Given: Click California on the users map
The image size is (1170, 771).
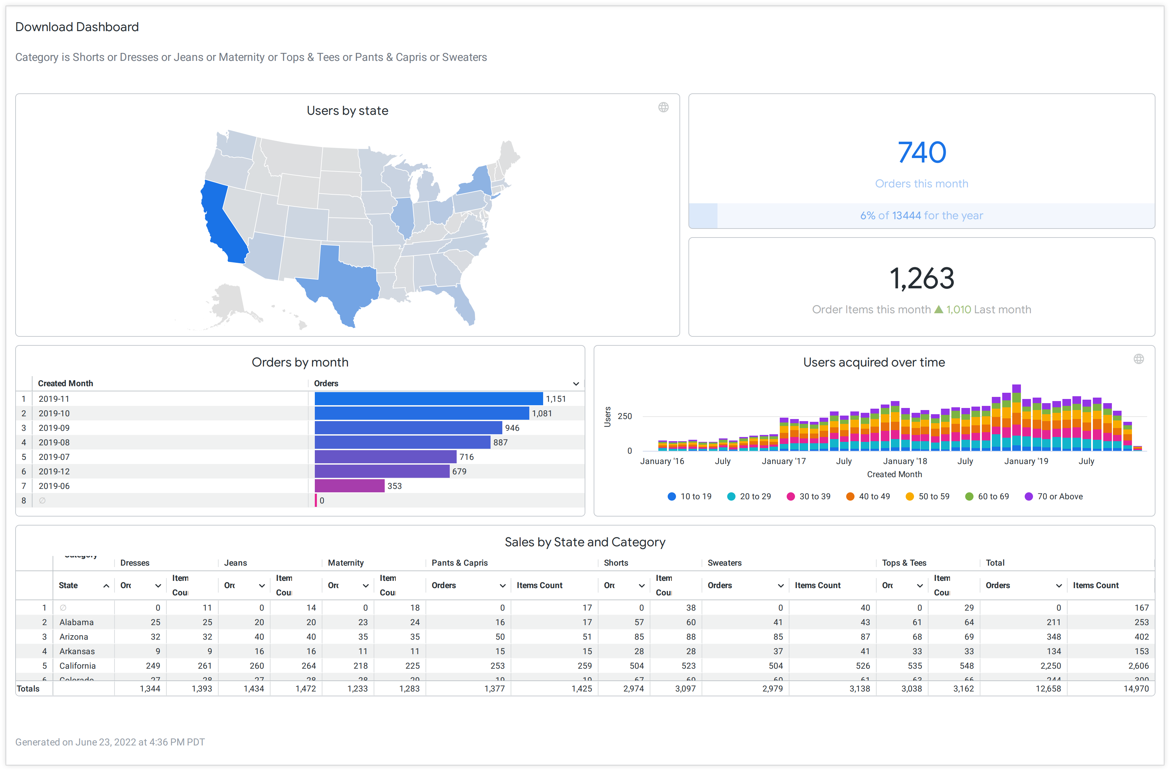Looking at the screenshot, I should (x=219, y=221).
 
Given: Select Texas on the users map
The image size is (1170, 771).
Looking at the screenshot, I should (x=345, y=283).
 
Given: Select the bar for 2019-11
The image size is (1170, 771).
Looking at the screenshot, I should (x=428, y=399).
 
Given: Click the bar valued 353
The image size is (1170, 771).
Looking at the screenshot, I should (x=349, y=486).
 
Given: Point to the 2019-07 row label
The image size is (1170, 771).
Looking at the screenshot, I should (x=54, y=457).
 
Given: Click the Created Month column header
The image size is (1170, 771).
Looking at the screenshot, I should (x=65, y=383).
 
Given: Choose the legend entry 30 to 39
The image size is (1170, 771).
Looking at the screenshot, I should (x=814, y=496).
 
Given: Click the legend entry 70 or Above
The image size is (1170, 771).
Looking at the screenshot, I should (x=1059, y=496).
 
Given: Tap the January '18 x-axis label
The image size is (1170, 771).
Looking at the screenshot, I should (x=904, y=461).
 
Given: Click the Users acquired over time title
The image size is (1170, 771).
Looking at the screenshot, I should (x=874, y=362).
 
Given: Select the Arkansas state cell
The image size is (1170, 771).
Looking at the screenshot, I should (x=77, y=651).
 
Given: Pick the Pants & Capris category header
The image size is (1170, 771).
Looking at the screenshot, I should (x=459, y=563).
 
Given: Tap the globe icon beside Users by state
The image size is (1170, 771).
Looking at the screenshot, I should (x=663, y=107).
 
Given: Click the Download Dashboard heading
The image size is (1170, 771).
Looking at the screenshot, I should (x=77, y=27).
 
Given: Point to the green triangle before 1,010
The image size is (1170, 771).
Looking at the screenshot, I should (x=938, y=309).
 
